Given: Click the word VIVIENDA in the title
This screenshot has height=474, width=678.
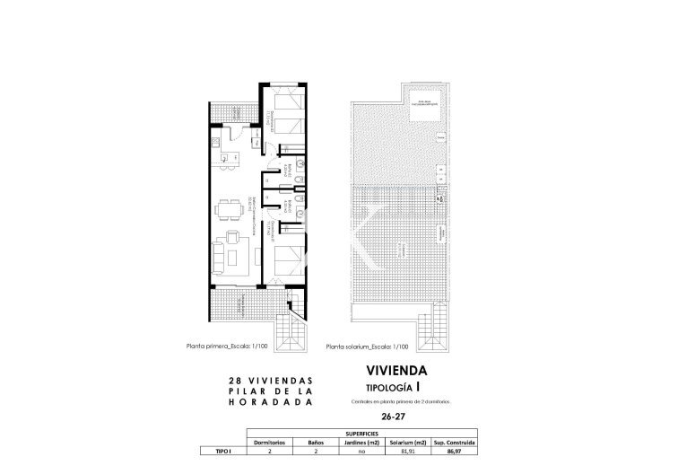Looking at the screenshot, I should pyautogui.click(x=396, y=370).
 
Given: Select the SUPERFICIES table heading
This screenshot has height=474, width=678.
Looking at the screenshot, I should pyautogui.click(x=362, y=433).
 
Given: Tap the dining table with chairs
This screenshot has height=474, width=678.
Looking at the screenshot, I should pyautogui.click(x=227, y=212).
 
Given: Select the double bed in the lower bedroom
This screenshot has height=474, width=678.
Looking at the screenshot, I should pyautogui.click(x=284, y=259).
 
